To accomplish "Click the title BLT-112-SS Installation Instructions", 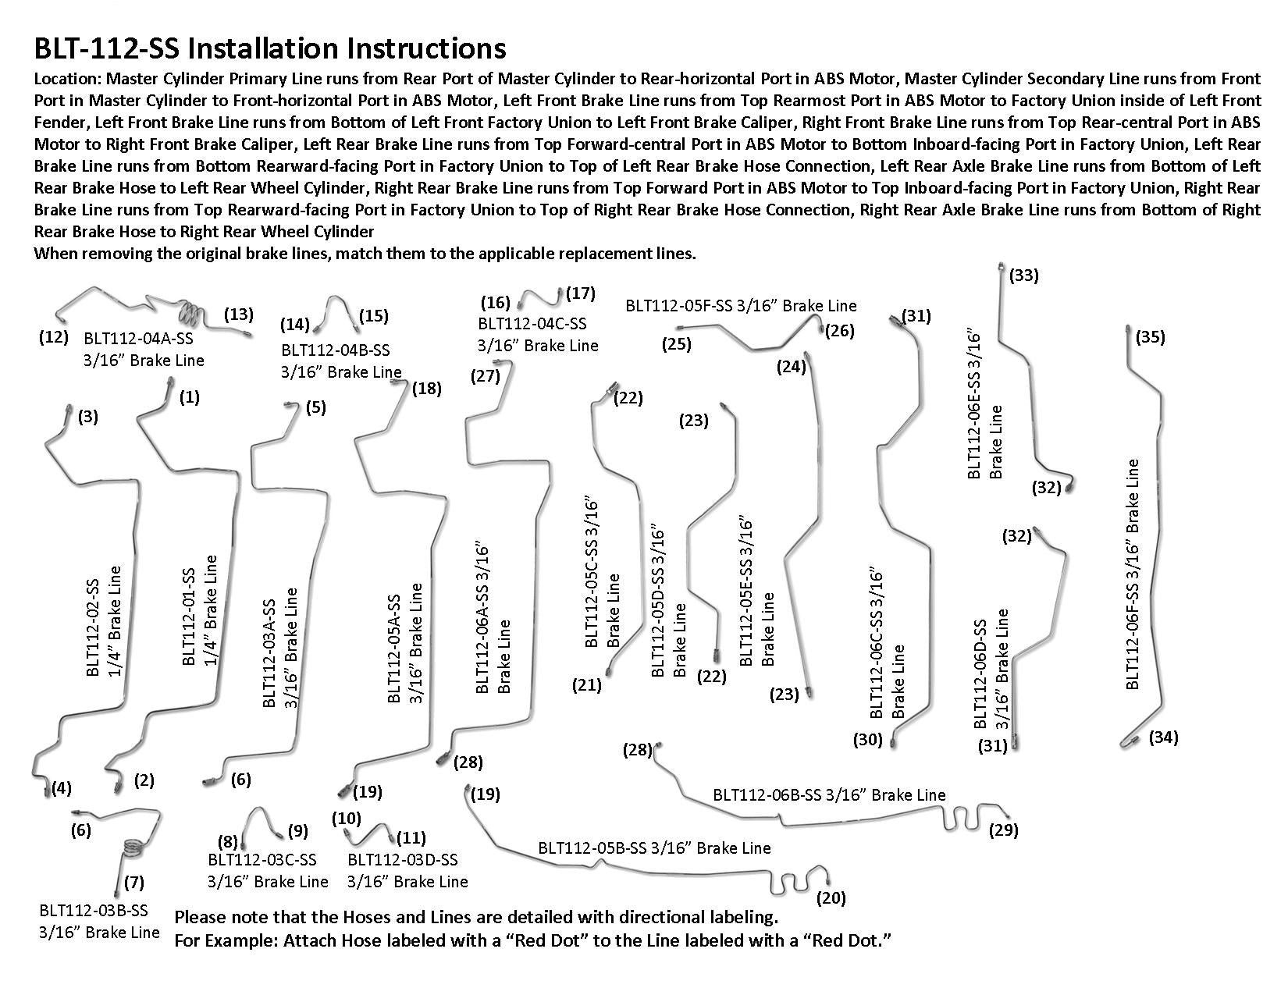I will tap(270, 48).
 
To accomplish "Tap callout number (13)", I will tap(238, 314).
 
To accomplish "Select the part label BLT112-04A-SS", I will tap(138, 339).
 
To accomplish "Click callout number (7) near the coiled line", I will tap(133, 883).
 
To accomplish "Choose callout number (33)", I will tap(1024, 275).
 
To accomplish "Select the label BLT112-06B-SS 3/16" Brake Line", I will tap(829, 794).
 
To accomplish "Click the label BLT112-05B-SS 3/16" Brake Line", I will tap(654, 848).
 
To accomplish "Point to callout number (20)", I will tap(831, 898).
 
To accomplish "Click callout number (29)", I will tap(1003, 830).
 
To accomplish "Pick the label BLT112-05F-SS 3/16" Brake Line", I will tap(741, 306).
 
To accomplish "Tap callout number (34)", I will tap(1163, 737).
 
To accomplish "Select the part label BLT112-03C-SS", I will tap(262, 859).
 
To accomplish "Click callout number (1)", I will tap(189, 397).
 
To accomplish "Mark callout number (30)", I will tap(867, 739).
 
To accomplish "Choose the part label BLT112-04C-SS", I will tap(532, 323).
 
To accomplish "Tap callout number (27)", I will tap(485, 376).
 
